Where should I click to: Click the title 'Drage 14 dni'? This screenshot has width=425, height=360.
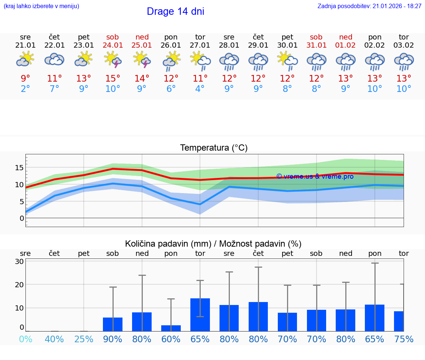175,11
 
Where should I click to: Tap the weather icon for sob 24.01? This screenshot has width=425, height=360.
113,60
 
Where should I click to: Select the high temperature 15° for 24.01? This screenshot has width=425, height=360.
113,78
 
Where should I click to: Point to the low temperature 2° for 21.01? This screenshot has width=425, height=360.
25,89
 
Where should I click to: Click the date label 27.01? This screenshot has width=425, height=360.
200,45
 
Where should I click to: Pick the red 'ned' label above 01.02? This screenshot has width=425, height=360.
346,37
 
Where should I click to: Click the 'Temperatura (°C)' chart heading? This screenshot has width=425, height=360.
214,148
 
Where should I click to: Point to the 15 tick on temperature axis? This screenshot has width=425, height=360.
19,168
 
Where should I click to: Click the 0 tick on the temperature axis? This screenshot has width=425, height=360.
22,218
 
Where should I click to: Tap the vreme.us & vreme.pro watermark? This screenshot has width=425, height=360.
315,176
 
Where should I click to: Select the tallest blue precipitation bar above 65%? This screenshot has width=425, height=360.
200,315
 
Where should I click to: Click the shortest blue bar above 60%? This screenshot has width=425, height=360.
171,328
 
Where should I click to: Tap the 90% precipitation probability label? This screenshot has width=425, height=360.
113,339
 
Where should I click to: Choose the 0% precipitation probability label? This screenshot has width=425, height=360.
25,339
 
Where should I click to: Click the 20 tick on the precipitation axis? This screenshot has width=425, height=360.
19,285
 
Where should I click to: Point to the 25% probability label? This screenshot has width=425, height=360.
84,339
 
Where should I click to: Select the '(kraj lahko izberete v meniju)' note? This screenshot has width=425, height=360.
41,6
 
